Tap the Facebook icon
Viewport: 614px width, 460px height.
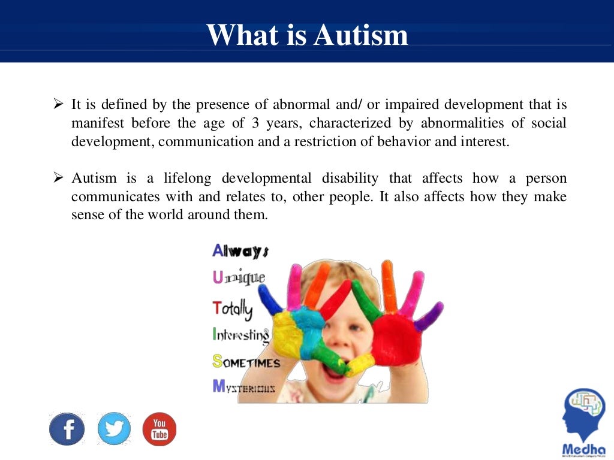67,429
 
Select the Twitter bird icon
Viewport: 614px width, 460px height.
114,429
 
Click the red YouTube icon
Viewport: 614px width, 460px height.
159,429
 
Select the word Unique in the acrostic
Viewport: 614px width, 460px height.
239,278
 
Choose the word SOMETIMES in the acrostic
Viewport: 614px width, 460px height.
246,362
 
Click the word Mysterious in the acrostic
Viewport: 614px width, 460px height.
244,387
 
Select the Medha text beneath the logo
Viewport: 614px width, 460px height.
584,449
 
